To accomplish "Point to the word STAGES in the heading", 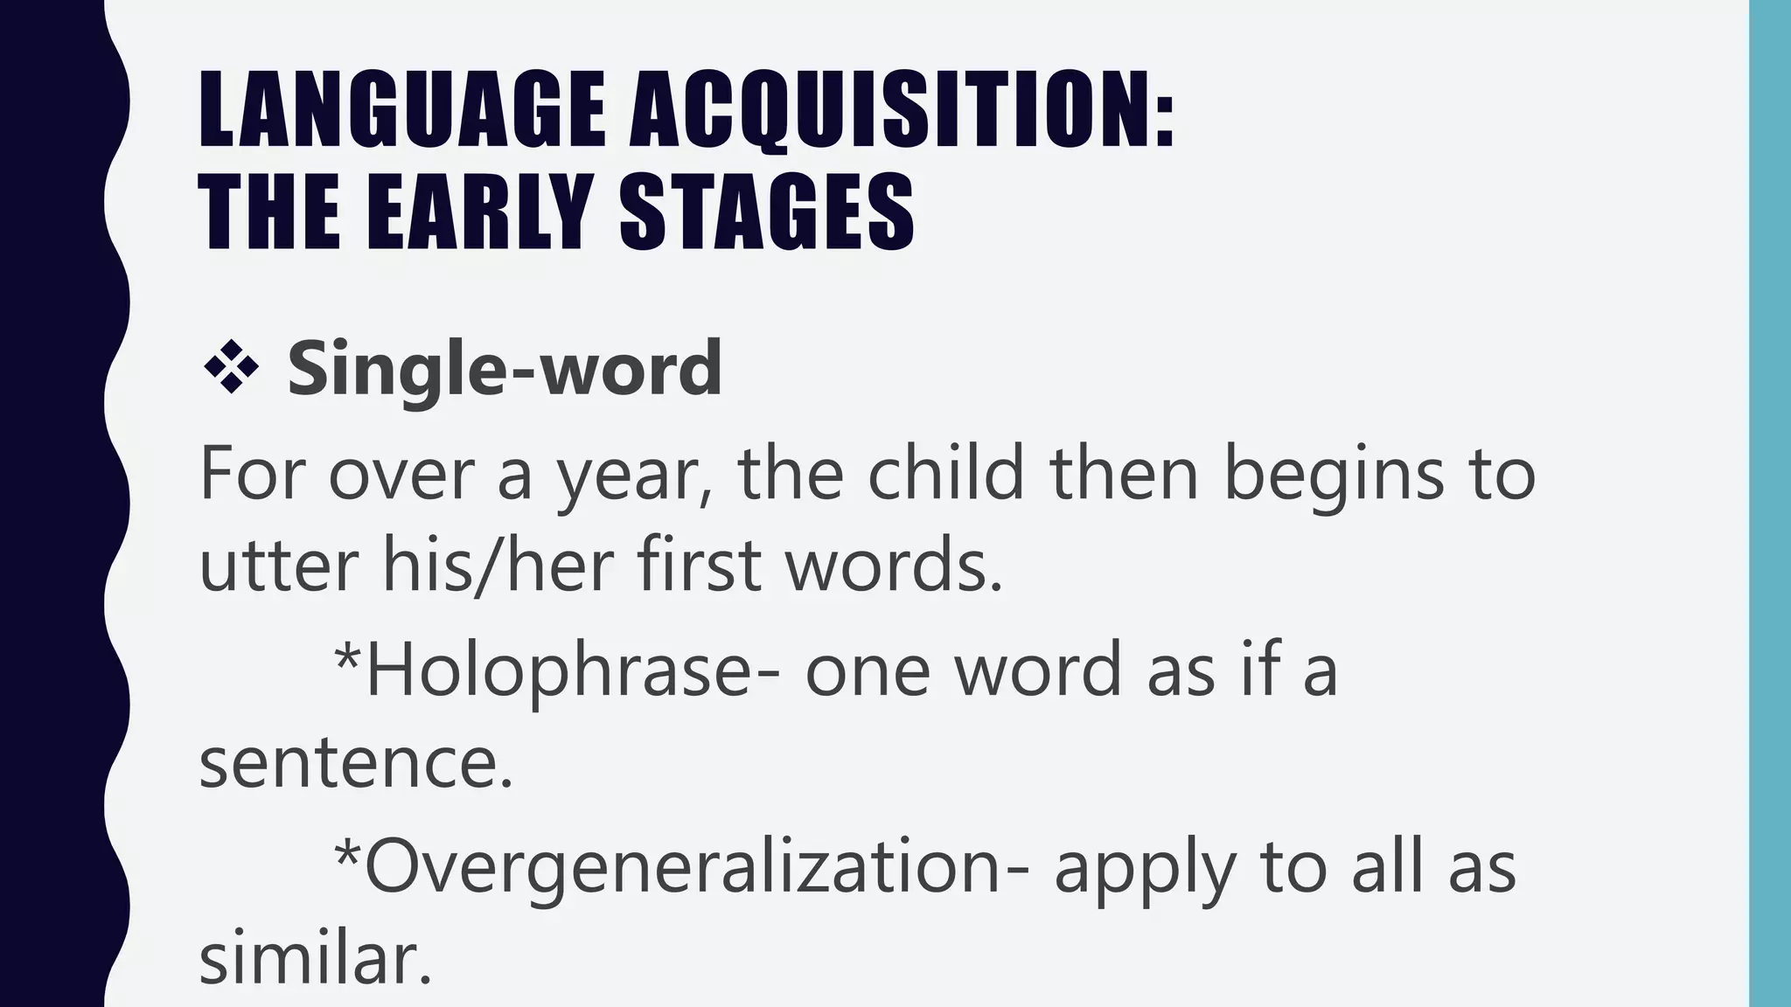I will click(767, 212).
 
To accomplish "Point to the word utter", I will click(279, 564).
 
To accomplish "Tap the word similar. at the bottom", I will click(316, 960).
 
